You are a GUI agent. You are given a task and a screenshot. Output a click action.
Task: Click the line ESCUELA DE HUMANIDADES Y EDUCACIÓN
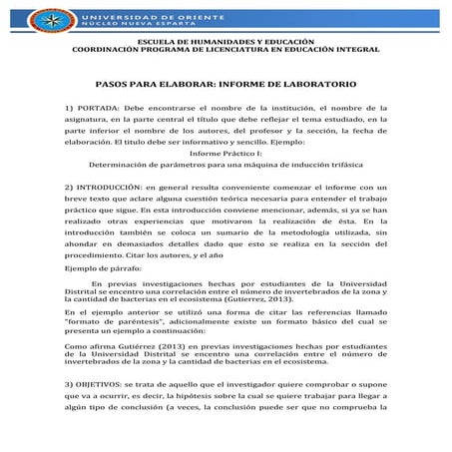click(226, 39)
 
